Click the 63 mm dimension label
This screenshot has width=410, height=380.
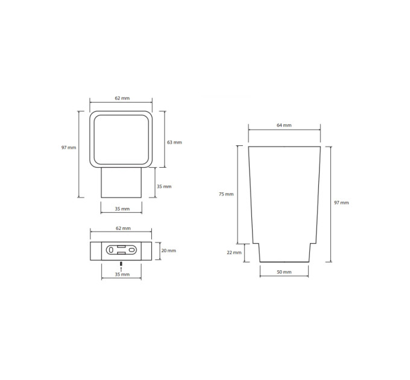coord(174,142)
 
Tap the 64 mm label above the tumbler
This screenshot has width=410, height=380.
coord(284,125)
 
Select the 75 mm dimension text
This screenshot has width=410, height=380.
coord(226,194)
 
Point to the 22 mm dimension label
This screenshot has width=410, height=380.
coord(234,252)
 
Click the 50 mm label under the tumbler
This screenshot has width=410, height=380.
coord(284,272)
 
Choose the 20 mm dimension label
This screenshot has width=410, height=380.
coord(168,250)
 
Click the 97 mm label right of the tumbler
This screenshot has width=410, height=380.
coord(341,203)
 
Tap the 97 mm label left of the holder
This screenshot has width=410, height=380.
coord(69,148)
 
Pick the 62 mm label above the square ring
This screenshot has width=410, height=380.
coord(122,98)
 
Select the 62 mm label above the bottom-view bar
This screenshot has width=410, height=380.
coord(123,229)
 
